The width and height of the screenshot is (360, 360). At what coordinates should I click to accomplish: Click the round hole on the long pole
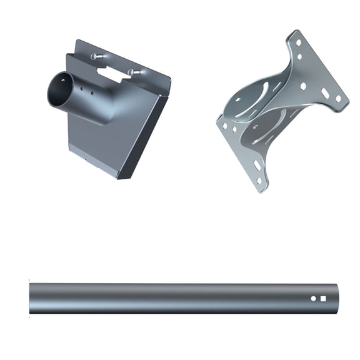pos(314,299)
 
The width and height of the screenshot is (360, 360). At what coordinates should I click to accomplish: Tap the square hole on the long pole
pos(323,299)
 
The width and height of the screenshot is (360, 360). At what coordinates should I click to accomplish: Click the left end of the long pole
pos(31,299)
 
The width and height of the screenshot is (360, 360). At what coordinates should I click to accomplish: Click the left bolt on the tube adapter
pos(94,57)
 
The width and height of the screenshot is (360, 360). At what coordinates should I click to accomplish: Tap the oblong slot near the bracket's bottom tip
pos(257,166)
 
